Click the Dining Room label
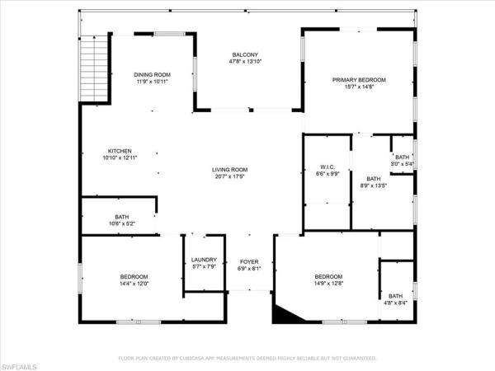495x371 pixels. coord(152,73)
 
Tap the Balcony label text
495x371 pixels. coord(245,55)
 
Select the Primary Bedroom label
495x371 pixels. coord(359,80)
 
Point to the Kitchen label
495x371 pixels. coord(120,151)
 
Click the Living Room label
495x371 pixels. coord(231,170)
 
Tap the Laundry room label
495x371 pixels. coord(203,260)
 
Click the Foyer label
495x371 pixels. coord(249,261)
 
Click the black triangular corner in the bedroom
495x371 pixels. coord(285,312)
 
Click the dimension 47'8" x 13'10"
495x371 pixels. coord(245,62)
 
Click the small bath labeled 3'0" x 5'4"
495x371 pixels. coord(403,160)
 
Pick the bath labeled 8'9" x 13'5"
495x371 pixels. coord(374,182)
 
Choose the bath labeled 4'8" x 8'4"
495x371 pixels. coord(396,299)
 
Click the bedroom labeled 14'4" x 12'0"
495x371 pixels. coord(134,279)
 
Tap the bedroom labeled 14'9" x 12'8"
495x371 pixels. coord(328,279)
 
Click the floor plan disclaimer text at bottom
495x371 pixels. coord(247,359)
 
